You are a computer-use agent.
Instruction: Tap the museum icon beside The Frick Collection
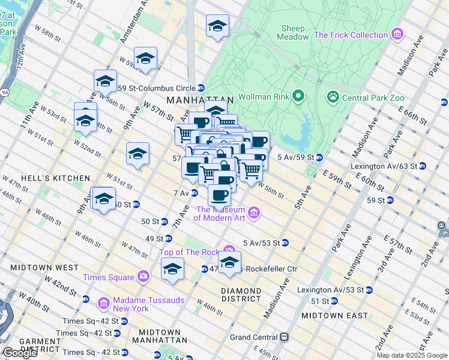pos(397,35)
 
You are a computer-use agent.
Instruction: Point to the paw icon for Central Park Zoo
pos(332,97)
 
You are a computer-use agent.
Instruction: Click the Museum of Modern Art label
pos(220,214)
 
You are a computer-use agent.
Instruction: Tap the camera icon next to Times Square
pos(143,277)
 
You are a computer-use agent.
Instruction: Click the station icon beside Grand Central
pos(286,337)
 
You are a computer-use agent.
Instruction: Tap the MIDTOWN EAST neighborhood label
pos(334,315)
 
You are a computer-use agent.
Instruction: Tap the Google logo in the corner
pos(20,353)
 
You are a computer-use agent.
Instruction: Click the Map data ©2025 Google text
pos(412,355)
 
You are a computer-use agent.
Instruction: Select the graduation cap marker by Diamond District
pos(229,262)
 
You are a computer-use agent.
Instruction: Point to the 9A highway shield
pos(4,92)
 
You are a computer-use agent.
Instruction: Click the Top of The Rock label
pos(189,252)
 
